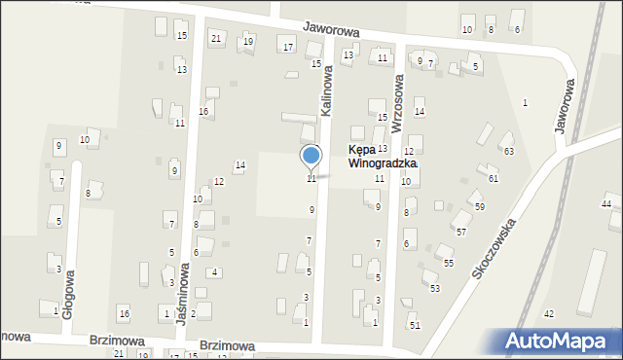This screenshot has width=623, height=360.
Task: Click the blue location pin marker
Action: (x=311, y=157)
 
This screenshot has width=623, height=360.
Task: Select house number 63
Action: (x=507, y=151)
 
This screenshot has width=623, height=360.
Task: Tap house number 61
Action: (x=494, y=179)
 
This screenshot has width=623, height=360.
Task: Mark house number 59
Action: (x=479, y=207)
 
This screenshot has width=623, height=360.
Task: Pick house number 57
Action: (x=461, y=233)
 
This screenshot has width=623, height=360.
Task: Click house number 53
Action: (x=435, y=289)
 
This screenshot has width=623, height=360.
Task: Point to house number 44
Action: (x=606, y=203)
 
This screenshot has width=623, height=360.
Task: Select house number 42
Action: (x=549, y=313)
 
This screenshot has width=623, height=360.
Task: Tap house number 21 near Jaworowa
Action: (x=216, y=38)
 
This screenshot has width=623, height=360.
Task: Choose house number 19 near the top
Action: (x=248, y=41)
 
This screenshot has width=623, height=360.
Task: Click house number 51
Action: (x=414, y=324)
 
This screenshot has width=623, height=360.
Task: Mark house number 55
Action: (x=448, y=264)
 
